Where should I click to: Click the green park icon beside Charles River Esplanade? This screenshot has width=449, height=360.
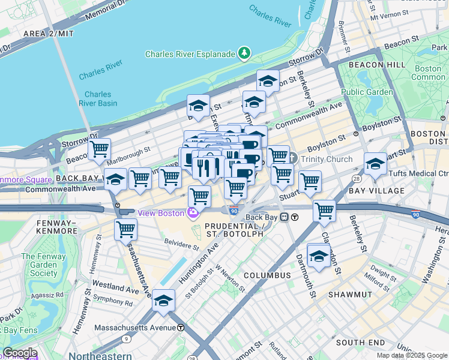tap(244, 54)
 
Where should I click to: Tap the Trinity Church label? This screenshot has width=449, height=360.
tap(327, 159)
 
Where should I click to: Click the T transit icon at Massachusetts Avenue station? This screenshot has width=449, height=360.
tap(181, 328)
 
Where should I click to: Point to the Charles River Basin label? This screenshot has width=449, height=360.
tap(97, 98)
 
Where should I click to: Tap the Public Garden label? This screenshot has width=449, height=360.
tap(367, 92)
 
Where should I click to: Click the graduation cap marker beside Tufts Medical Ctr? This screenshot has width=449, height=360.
tap(375, 163)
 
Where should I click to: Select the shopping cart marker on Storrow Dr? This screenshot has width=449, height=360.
tap(99, 149)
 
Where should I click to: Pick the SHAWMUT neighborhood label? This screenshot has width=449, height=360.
tap(351, 295)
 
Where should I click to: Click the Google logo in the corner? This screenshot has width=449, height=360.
tap(20, 353)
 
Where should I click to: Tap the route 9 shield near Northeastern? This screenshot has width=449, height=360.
tap(127, 339)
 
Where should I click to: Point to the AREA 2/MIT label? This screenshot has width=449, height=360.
tap(47, 34)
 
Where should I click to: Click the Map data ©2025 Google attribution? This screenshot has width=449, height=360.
tap(412, 355)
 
